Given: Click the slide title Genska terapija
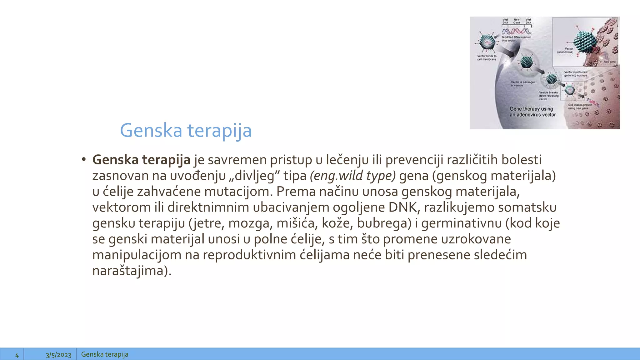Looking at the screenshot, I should point(186,131).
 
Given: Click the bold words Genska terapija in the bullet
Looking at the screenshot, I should point(141,160).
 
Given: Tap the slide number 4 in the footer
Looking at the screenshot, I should point(17,355).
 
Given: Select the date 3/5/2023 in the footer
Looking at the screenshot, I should point(58,355).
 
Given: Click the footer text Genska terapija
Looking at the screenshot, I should point(105,354).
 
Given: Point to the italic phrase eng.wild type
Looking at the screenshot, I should point(353,176).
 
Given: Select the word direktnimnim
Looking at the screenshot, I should point(208,207).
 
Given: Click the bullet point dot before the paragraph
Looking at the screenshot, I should point(83,159).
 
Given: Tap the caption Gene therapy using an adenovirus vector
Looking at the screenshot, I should point(532,112).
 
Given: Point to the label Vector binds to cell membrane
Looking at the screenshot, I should point(487,57).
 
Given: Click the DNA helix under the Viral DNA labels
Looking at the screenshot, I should point(516,31).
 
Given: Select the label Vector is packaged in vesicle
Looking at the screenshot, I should point(523,83).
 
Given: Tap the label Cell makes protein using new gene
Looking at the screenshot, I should point(580,107).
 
